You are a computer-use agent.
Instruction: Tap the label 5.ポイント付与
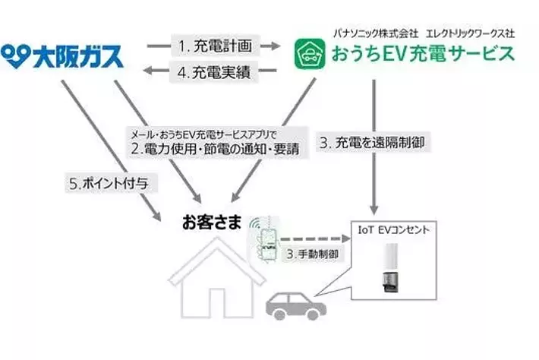102,184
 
